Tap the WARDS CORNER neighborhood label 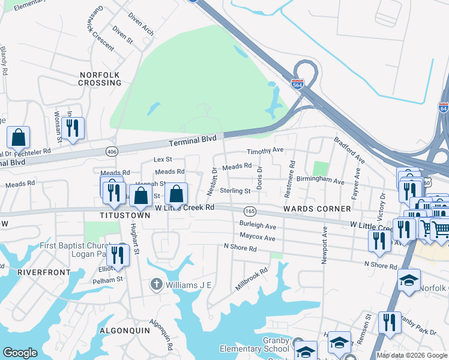317,208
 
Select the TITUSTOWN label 125,214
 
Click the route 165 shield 250,211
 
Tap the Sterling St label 235,191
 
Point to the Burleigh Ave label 258,227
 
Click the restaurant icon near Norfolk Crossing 73,128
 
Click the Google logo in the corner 20,353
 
